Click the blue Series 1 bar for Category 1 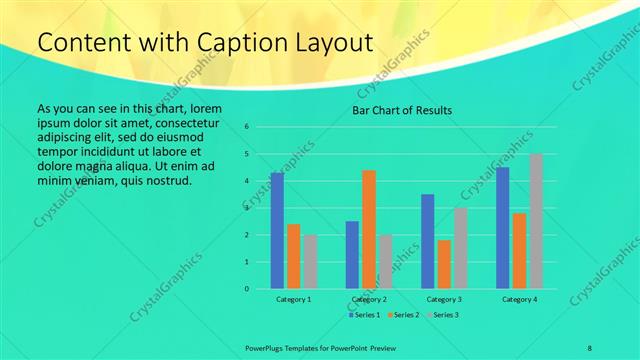click(277, 231)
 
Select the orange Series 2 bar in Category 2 click(369, 229)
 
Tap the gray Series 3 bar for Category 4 click(536, 221)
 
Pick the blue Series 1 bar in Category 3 click(428, 241)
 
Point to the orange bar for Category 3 click(444, 264)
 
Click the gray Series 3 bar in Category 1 click(310, 262)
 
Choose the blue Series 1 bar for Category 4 click(503, 228)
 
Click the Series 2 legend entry click(403, 315)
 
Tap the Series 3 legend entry click(444, 315)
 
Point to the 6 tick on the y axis click(261, 127)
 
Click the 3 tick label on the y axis click(261, 208)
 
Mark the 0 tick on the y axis click(261, 289)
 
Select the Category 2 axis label click(369, 300)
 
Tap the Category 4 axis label click(519, 300)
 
